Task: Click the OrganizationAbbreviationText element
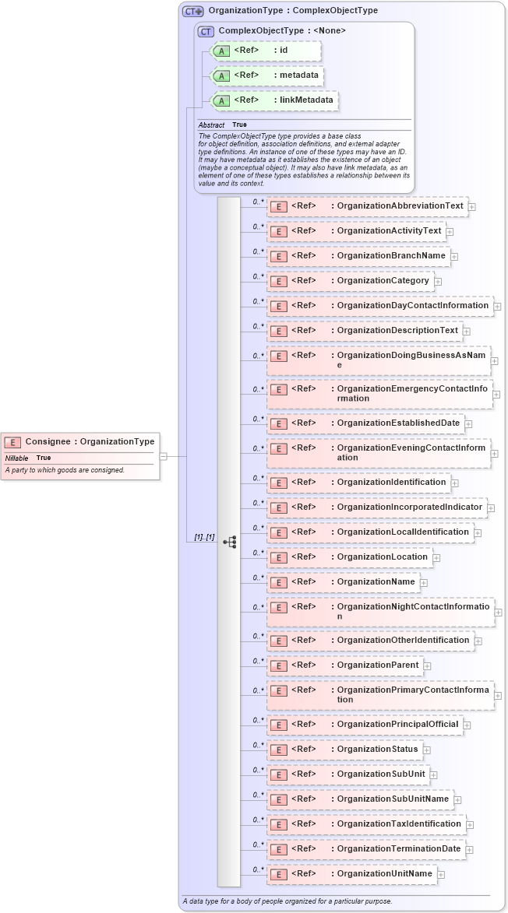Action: click(x=367, y=206)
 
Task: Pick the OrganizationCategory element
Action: click(x=350, y=281)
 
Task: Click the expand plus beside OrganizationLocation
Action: click(x=437, y=557)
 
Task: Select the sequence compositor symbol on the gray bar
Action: click(x=230, y=542)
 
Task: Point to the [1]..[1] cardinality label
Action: click(x=204, y=538)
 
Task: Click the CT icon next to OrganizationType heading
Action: click(x=192, y=12)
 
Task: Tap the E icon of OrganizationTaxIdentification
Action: click(x=278, y=824)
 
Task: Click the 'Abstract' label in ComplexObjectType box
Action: click(x=211, y=125)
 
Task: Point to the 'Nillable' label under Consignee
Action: click(x=17, y=458)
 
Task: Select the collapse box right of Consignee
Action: click(x=164, y=456)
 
